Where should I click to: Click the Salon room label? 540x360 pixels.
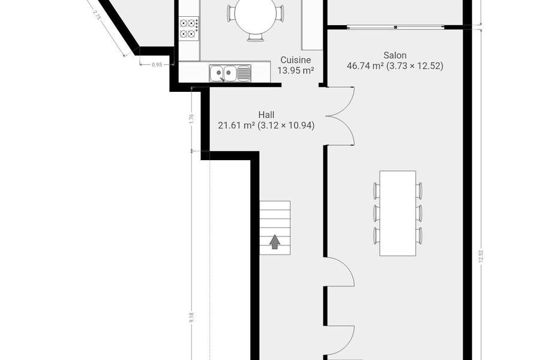click(395, 55)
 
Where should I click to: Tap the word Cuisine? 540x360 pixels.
click(295, 60)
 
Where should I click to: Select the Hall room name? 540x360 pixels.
click(266, 115)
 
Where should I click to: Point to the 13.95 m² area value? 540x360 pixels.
click(295, 70)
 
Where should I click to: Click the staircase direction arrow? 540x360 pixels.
click(274, 241)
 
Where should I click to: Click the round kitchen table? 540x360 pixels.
click(255, 16)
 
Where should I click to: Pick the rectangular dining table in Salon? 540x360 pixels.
click(398, 213)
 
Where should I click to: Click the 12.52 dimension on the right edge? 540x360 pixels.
click(481, 256)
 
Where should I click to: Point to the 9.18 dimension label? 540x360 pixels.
click(192, 317)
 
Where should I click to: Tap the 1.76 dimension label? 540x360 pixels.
click(192, 118)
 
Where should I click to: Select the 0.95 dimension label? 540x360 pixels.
click(157, 64)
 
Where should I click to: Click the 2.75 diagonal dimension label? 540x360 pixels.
click(97, 15)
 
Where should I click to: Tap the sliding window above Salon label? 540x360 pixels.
click(395, 27)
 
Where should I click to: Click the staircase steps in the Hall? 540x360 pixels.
click(275, 228)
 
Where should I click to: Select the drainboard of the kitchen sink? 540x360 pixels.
click(244, 73)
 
